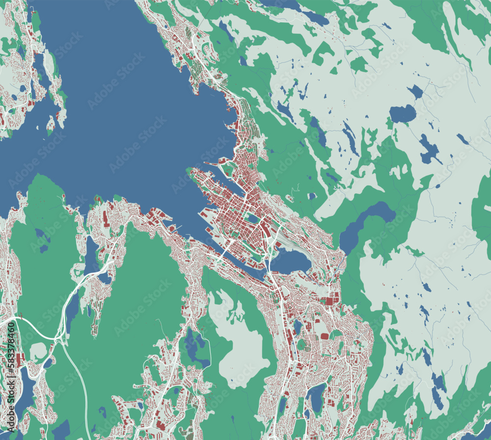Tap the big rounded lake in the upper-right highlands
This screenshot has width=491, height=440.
tap(403, 114)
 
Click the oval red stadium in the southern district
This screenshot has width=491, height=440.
tap(325, 336)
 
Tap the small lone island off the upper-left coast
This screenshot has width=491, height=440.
tap(51, 125)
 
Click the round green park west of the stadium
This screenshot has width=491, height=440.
tap(301, 345)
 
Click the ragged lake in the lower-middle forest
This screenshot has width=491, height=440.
tap(195, 347)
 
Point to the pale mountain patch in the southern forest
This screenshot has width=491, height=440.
tap(241, 339)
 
